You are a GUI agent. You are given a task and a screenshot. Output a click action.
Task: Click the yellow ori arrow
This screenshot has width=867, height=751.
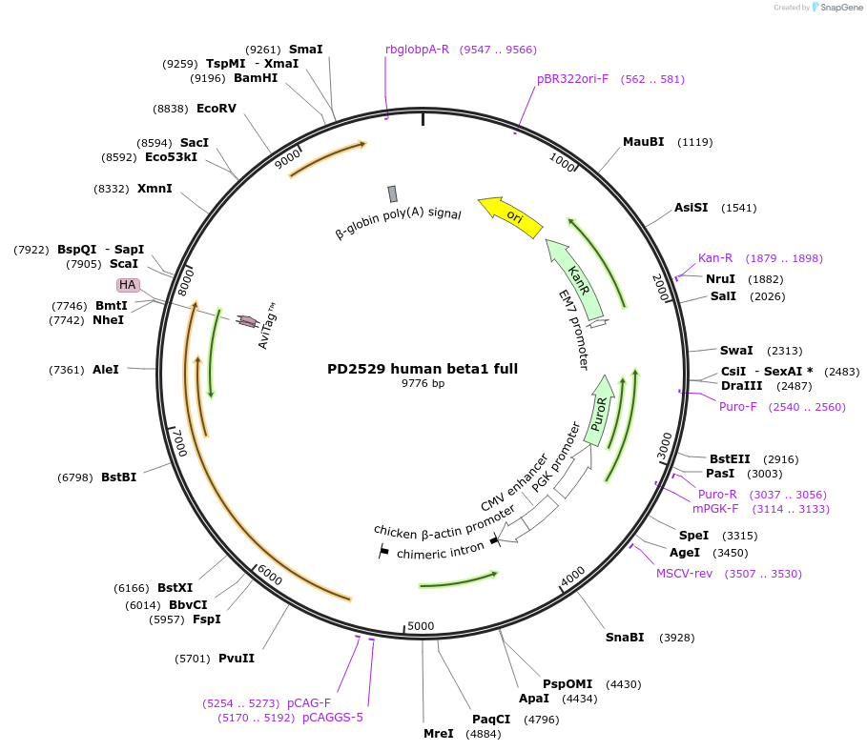click(511, 216)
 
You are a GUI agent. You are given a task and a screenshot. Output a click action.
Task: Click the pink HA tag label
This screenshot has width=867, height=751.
click(128, 285)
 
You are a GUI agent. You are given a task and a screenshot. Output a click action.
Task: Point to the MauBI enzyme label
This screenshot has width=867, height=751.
click(643, 142)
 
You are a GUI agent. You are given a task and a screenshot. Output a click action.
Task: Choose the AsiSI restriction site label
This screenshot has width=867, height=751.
click(692, 207)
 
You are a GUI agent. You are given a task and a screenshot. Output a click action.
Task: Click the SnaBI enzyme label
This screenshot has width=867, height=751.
click(625, 637)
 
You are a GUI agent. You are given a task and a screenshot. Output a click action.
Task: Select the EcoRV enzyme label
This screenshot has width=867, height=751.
click(217, 108)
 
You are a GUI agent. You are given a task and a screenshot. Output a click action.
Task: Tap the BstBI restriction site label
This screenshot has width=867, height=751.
click(119, 477)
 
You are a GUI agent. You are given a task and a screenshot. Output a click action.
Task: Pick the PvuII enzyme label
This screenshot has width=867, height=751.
click(237, 658)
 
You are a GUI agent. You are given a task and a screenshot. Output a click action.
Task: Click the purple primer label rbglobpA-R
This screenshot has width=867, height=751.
click(417, 49)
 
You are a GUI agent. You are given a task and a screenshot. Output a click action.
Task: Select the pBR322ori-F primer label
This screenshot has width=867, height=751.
click(572, 79)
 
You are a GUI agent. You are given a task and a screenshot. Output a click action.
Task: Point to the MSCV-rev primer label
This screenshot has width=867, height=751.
click(684, 573)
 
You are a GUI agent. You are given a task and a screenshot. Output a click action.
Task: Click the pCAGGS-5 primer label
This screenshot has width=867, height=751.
click(333, 718)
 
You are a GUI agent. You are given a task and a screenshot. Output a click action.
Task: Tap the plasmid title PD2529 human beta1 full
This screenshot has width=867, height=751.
click(423, 368)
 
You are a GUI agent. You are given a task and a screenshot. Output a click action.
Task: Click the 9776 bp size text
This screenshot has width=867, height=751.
click(423, 383)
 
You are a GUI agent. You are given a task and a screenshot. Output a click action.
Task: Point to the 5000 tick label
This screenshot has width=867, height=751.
click(421, 626)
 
